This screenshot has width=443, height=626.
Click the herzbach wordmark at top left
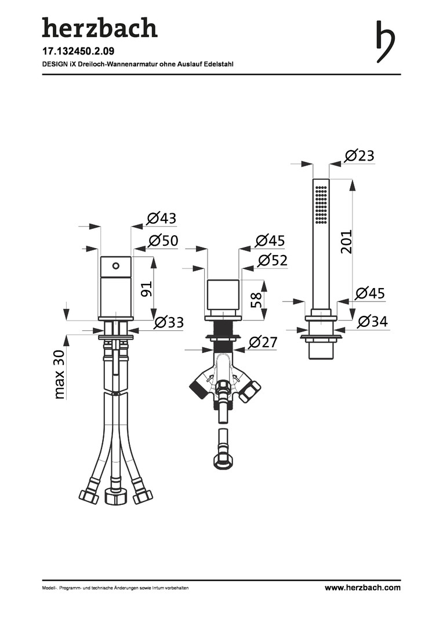coord(100,28)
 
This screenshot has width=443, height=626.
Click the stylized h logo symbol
coord(386,42)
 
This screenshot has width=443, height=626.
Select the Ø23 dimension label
coord(360,155)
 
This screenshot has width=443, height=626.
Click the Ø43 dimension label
coord(161,218)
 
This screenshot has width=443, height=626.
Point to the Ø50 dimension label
coord(163,241)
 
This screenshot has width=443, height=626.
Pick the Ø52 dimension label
coord(273,260)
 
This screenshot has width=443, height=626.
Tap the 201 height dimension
coord(346,242)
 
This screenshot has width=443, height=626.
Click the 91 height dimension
coord(146,289)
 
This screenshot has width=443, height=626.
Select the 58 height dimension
coord(256,300)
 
